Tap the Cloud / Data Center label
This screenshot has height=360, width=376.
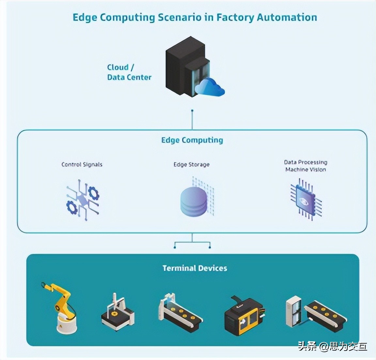coord(129,72)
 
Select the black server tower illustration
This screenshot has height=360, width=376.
coord(188,67)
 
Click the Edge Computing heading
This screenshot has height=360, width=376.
coord(192,140)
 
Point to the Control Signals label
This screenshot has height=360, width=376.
coord(82,164)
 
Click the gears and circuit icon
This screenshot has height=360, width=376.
coord(83,200)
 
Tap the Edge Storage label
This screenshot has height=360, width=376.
coord(192,164)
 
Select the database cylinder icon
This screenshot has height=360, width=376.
coord(193,202)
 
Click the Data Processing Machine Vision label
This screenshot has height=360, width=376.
coord(306,166)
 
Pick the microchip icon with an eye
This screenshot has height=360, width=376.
coord(306,199)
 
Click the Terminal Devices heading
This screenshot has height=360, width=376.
coord(195,268)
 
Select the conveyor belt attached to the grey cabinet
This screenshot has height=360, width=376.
coord(326,316)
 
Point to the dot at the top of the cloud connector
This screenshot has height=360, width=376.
coord(192,111)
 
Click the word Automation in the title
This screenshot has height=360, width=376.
coord(287,18)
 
